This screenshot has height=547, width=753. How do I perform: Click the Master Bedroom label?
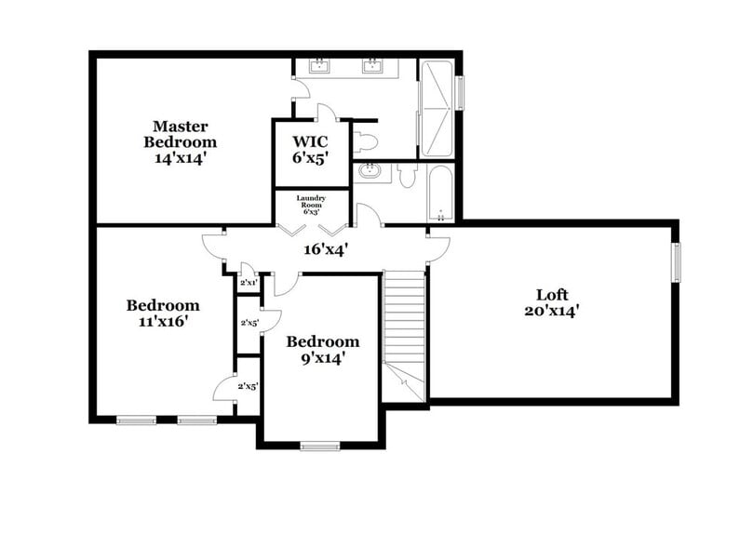180,141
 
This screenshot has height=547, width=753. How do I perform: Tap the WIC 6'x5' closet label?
311,148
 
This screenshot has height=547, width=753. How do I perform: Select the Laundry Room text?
309,204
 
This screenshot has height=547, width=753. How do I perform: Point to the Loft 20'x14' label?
558,302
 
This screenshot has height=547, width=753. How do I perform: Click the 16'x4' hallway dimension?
325,249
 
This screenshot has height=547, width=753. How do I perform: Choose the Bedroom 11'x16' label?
163,314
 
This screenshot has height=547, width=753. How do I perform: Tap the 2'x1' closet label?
249,282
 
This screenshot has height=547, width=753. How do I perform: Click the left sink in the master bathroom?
320,65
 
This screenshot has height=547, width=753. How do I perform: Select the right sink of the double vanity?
374,65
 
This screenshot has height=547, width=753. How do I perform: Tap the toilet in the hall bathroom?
406,175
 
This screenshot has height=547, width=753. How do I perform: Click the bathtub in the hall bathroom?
440,193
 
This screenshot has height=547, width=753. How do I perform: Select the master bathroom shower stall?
438,109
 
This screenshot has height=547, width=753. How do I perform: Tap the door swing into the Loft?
437,246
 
